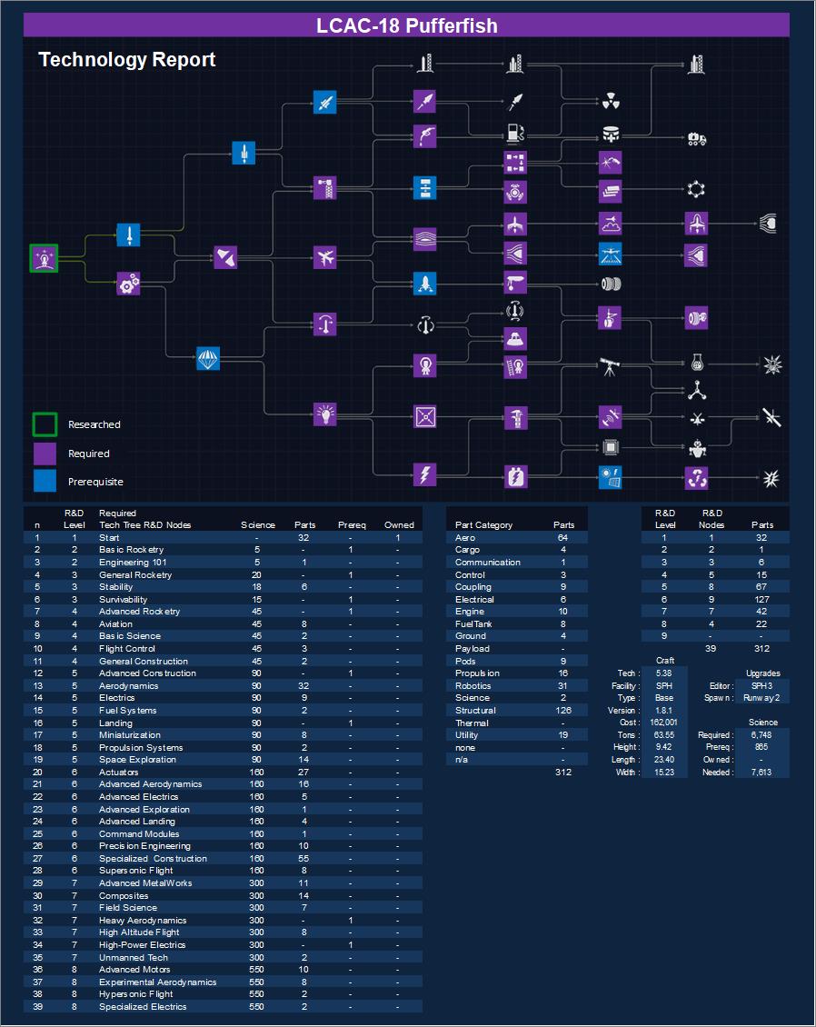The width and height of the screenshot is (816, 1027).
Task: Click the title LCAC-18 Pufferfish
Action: click(407, 25)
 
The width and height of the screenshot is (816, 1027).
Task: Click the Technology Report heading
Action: click(127, 60)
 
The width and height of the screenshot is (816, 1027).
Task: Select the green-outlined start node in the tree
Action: click(44, 258)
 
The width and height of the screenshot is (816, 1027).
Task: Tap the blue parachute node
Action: click(209, 359)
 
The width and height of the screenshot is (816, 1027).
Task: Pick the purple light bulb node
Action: click(325, 415)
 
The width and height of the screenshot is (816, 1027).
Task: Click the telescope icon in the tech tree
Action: click(611, 366)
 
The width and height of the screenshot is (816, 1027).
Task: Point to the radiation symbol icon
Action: click(611, 100)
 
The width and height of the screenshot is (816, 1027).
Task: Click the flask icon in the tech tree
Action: click(697, 362)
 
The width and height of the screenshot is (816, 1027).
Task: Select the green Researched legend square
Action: click(45, 424)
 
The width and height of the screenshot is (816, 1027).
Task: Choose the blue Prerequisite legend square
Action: click(45, 481)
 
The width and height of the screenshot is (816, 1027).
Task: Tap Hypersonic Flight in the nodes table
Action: click(136, 994)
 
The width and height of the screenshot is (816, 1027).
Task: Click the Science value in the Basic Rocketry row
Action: click(257, 550)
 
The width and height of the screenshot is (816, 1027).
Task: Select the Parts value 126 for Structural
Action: click(563, 711)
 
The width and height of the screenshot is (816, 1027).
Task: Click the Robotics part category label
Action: click(473, 686)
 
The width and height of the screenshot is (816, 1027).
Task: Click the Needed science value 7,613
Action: click(761, 773)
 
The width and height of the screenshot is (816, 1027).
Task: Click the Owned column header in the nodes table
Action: click(399, 525)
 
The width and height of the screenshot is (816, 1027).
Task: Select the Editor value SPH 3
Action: click(761, 686)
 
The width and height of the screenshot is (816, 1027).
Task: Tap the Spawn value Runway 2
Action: click(761, 698)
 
